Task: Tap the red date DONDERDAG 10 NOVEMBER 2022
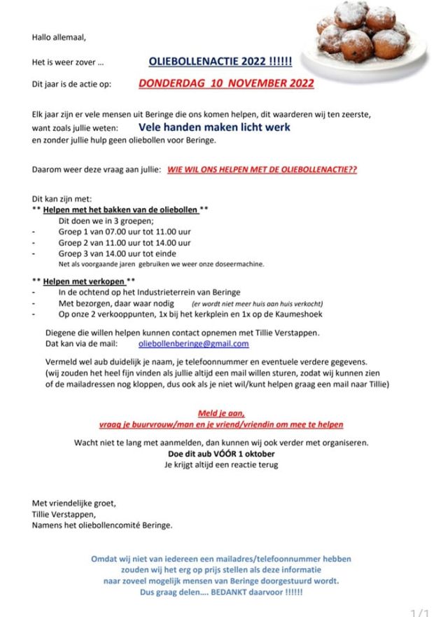[226, 83]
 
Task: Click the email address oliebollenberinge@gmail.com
[194, 344]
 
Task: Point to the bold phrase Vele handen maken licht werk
[214, 127]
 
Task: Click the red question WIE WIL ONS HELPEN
[262, 170]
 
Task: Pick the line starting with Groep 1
[125, 231]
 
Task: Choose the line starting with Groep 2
[125, 242]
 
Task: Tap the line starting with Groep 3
[117, 254]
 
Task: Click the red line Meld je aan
[221, 413]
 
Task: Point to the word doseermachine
[240, 264]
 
